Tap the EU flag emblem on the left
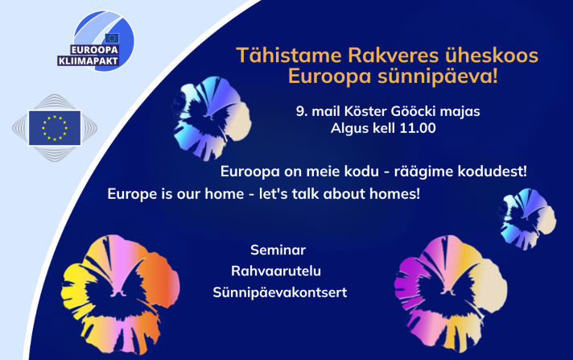[54, 128]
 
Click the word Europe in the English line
[132, 195]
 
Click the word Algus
[348, 127]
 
